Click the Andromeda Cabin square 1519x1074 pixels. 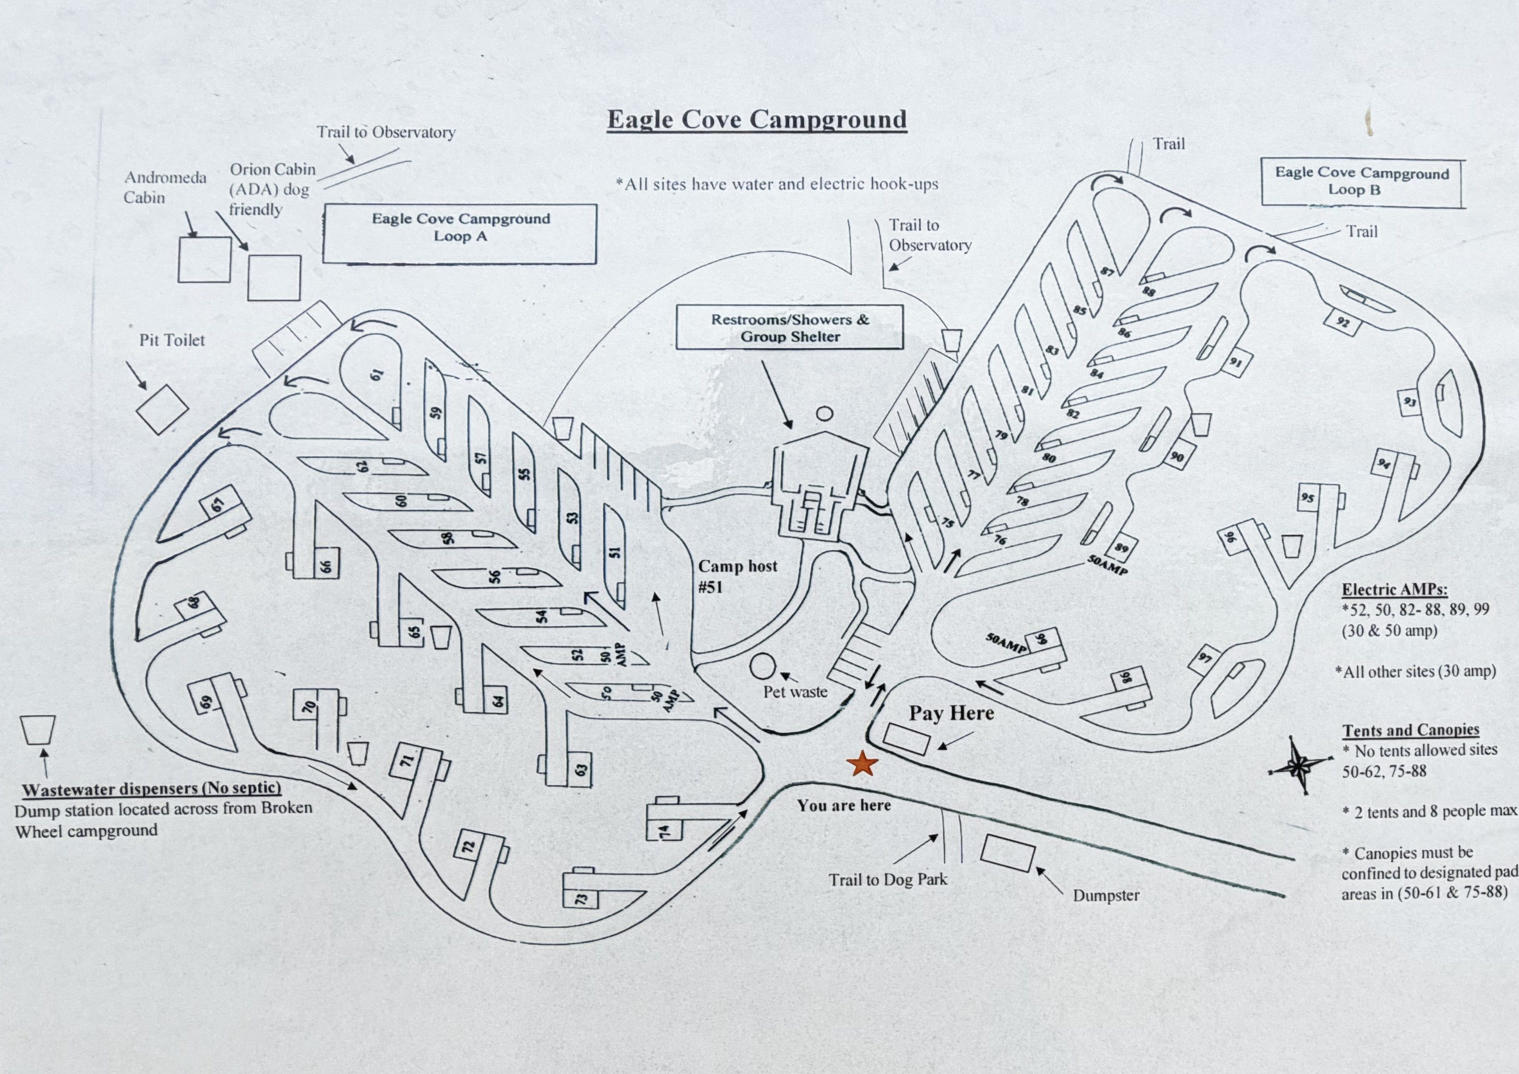205,259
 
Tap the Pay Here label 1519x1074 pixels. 951,713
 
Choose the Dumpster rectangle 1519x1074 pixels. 1007,854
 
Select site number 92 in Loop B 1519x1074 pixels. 1342,322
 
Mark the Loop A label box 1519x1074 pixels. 460,234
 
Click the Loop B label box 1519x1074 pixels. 1362,181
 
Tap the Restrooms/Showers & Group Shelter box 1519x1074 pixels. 790,327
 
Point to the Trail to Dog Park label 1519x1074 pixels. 888,879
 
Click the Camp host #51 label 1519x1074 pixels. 738,576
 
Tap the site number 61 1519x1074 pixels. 376,375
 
